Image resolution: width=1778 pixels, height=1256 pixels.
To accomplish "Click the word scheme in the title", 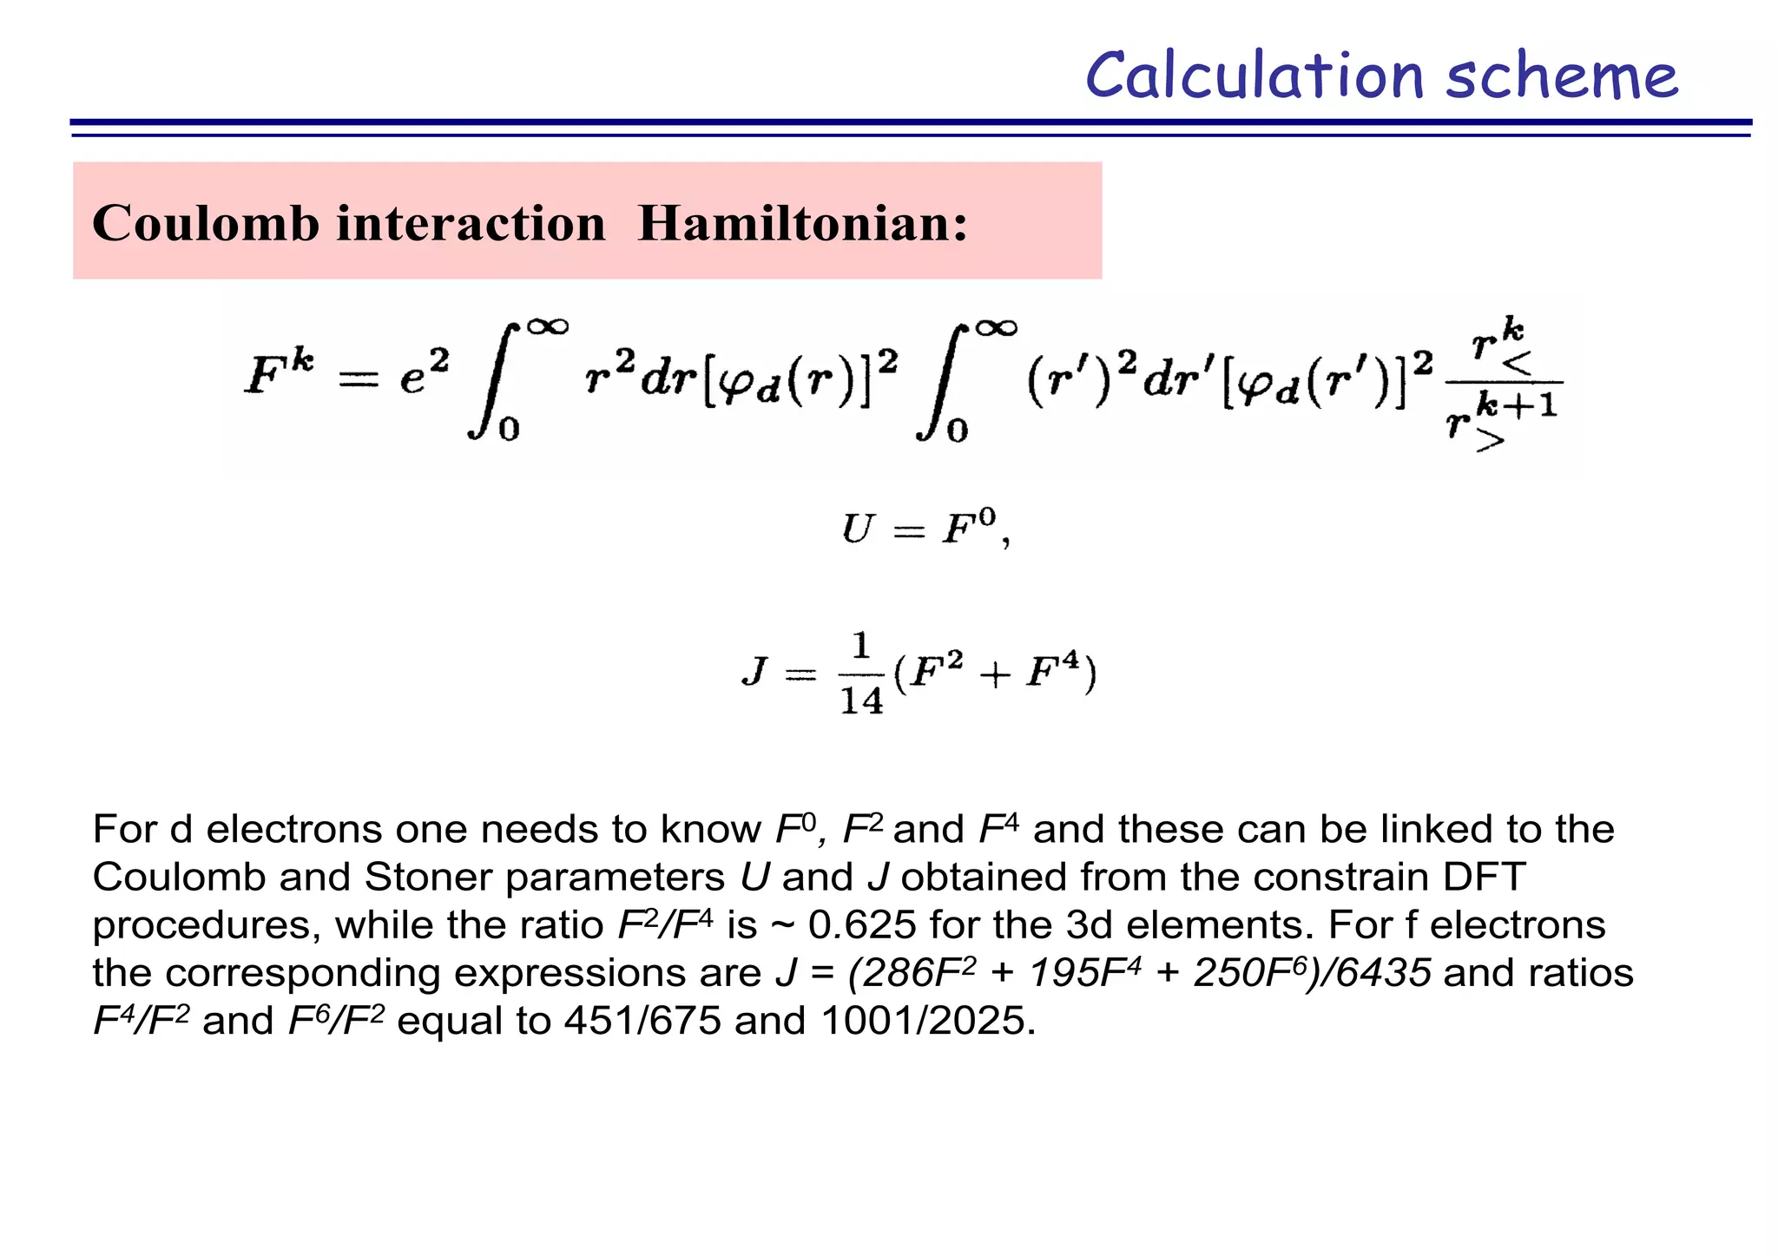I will (x=1562, y=76).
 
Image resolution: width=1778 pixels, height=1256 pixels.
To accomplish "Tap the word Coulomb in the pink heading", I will (x=206, y=223).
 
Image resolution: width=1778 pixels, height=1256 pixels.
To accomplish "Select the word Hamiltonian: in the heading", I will (x=803, y=223).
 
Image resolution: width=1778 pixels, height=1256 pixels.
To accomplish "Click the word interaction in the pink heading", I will (x=471, y=223).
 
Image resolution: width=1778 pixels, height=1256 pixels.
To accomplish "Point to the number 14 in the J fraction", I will (x=861, y=700).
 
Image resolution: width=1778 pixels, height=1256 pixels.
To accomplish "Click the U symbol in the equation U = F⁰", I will (x=857, y=529).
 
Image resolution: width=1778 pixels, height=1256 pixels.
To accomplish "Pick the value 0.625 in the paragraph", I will (x=862, y=924).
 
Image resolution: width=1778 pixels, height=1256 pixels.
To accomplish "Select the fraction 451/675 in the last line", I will (x=642, y=1020).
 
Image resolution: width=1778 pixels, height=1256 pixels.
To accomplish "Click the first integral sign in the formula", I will (x=494, y=379).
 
